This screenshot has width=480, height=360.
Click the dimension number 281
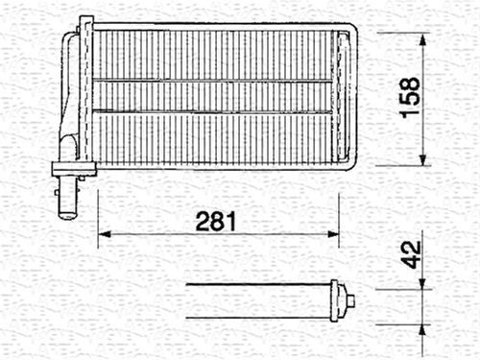click(x=216, y=221)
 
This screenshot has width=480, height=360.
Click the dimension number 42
click(x=411, y=254)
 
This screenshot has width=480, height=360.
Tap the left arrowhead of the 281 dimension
click(x=105, y=234)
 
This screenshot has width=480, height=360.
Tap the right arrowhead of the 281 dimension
click(x=333, y=234)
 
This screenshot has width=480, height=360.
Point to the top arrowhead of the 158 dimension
click(x=423, y=39)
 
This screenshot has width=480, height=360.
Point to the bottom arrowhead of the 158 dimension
click(x=423, y=159)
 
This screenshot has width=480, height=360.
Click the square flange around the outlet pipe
click(x=74, y=169)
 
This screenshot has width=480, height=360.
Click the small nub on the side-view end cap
click(x=350, y=300)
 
